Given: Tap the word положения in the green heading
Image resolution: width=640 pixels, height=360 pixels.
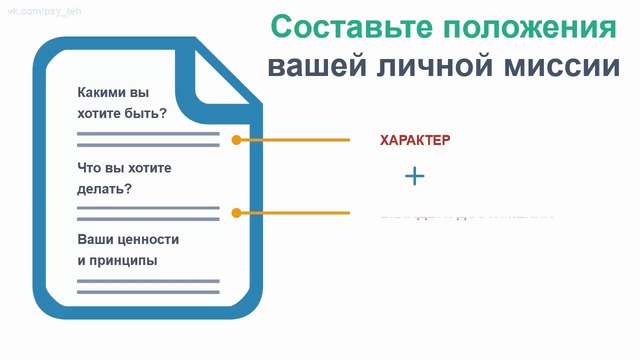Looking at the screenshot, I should pyautogui.click(x=530, y=27).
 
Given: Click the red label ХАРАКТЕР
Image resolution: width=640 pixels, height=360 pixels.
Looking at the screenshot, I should pyautogui.click(x=415, y=140).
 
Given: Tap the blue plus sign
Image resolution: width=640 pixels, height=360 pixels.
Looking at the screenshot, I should pyautogui.click(x=415, y=177).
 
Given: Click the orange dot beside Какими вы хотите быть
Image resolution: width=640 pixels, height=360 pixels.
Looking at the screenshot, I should pyautogui.click(x=236, y=140).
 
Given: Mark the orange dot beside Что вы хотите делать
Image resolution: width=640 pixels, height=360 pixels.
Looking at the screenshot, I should pyautogui.click(x=236, y=213).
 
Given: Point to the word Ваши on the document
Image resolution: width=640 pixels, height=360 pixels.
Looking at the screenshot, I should pyautogui.click(x=95, y=240).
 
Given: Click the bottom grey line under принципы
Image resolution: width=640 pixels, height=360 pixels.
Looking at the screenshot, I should pyautogui.click(x=148, y=294).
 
